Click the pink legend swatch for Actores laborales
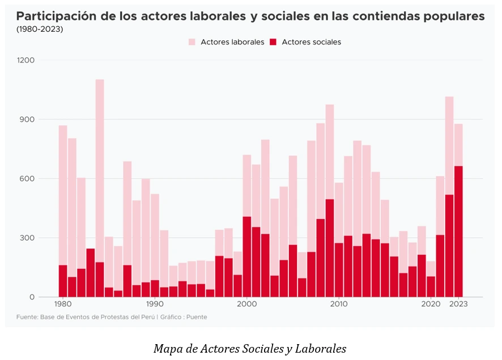tap(192, 42)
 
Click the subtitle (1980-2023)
tap(40, 29)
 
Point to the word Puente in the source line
tap(196, 317)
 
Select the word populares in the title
tap(454, 16)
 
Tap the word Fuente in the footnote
tap(27, 317)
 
